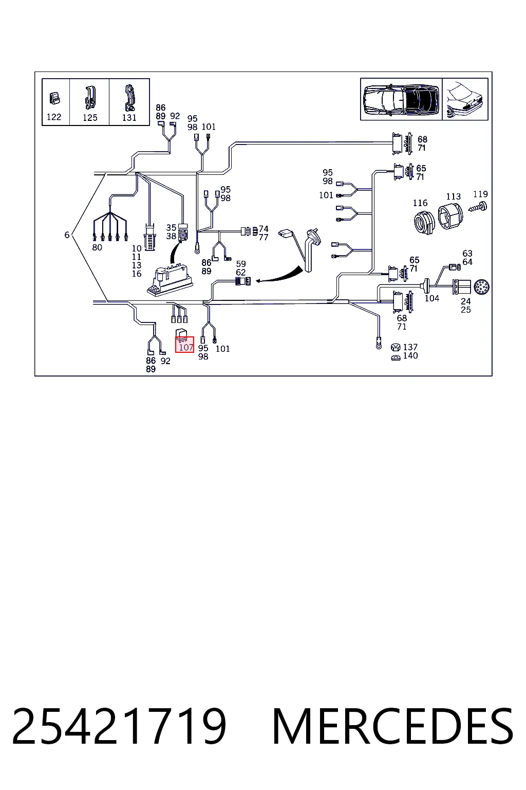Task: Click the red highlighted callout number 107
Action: coord(186,347)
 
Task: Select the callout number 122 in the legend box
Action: coord(54,117)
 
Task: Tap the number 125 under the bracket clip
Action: coord(90,117)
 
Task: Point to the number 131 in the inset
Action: coord(129,117)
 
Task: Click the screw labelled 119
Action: coord(478,207)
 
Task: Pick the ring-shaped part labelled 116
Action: coord(424,222)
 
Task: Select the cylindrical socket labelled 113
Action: coord(450,215)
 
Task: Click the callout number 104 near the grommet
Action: coord(431,298)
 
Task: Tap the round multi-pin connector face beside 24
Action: coord(481,287)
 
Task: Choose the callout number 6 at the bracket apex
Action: coord(67,235)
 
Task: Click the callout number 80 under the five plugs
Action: coord(97,247)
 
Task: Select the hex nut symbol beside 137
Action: coord(396,347)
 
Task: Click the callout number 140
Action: coord(410,355)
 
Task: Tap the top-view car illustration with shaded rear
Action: coord(401,99)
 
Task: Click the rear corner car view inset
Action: coord(465,99)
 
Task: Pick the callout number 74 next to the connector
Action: coord(264,229)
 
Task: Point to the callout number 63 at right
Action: coord(467,254)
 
